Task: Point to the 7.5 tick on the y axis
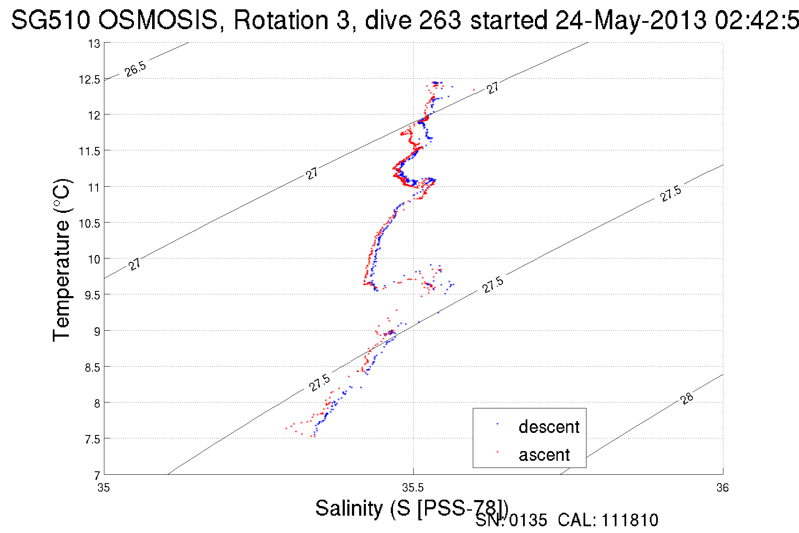[x=93, y=440]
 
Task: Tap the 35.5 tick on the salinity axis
[x=413, y=488]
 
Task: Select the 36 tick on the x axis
[x=722, y=488]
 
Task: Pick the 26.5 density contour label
[x=135, y=68]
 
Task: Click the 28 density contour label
[x=687, y=398]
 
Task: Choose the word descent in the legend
[x=549, y=427]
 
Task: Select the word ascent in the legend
[x=544, y=455]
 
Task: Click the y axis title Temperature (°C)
[x=62, y=260]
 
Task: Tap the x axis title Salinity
[x=349, y=508]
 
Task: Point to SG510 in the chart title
[x=50, y=20]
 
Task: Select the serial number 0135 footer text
[x=528, y=520]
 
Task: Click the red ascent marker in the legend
[x=497, y=452]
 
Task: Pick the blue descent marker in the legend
[x=497, y=424]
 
